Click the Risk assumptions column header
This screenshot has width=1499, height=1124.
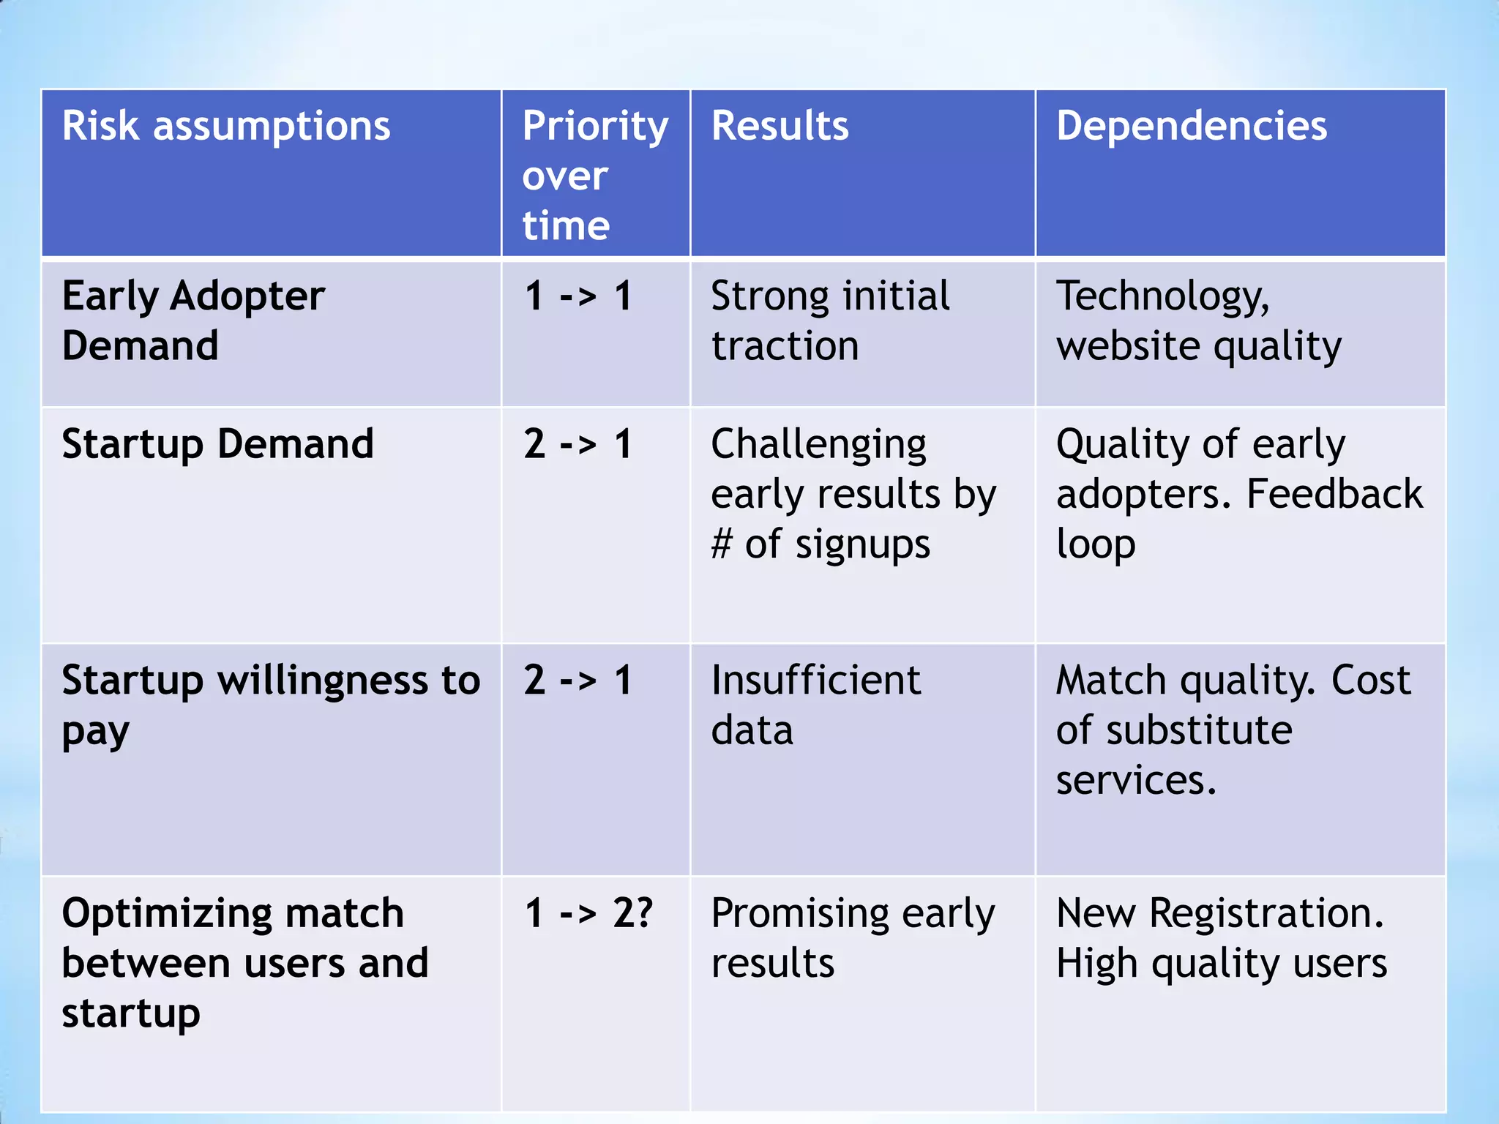226,126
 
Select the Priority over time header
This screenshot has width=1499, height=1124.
595,176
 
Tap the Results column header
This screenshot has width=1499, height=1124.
780,126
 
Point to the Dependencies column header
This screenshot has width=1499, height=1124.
1191,126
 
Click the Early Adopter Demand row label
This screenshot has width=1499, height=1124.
193,321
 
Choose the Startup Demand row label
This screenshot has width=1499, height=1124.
217,444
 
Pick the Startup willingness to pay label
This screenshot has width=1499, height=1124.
271,705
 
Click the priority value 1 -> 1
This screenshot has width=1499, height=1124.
578,297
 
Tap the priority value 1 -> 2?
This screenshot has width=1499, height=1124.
588,913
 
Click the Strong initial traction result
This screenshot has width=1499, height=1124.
830,321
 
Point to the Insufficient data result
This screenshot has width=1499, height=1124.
815,705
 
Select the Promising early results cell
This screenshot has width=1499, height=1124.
853,937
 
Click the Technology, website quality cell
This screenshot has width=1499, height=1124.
1198,321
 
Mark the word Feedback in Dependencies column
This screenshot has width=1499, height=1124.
1334,494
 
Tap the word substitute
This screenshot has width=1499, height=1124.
1199,730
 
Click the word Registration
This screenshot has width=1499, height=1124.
1266,913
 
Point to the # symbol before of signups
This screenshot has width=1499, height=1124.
722,544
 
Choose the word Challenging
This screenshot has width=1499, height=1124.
818,445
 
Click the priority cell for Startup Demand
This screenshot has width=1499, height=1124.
578,444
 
